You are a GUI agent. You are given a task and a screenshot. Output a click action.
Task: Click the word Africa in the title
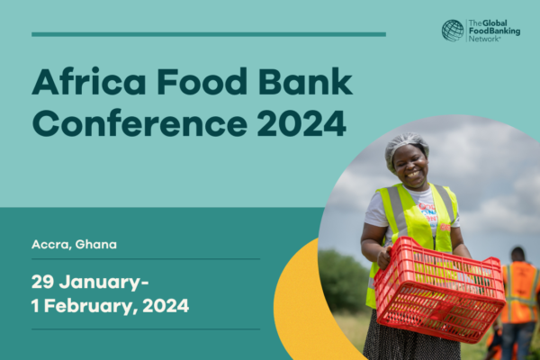88,81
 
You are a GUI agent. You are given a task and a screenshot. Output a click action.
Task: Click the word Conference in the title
139,123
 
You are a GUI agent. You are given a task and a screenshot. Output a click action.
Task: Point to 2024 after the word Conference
301,123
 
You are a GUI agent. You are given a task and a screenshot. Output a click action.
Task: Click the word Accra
51,245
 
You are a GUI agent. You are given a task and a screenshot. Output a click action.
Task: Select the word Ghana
96,244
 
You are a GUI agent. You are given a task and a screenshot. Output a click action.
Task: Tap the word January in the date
103,283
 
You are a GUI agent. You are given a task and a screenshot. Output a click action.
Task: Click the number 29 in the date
42,282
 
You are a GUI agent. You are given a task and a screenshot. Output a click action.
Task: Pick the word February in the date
88,306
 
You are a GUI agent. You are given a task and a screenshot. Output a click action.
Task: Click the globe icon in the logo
453,31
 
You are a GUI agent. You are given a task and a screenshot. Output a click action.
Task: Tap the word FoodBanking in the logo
494,31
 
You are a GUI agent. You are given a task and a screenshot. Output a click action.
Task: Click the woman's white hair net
407,147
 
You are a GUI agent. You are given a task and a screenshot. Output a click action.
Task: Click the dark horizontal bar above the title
209,34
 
